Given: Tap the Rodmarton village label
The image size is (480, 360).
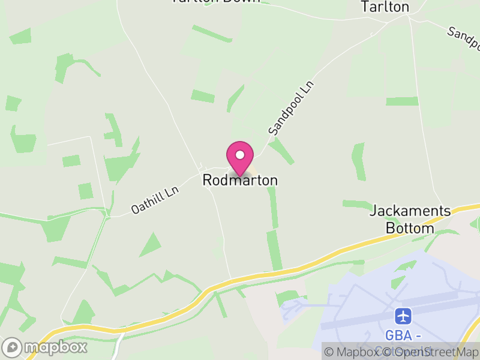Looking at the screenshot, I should (240, 180).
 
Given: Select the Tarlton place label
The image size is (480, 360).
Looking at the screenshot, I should (385, 7).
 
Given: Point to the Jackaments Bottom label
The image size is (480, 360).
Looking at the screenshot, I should (410, 220).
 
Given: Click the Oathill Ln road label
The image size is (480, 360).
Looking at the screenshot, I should (155, 200).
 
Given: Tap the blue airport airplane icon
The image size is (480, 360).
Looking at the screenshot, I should (404, 315).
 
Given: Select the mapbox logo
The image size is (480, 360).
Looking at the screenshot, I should (45, 347).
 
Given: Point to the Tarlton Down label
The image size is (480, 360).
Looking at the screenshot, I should (215, 1).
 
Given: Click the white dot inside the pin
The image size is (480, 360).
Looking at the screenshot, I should (240, 154).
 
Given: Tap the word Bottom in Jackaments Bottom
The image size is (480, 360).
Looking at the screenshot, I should (410, 229).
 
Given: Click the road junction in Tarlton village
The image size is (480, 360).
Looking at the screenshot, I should (409, 17).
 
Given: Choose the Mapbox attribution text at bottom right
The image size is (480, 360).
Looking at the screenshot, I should (358, 353).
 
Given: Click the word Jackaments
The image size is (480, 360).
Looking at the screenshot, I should (410, 211).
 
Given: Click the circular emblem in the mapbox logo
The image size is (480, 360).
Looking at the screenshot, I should (12, 347).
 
